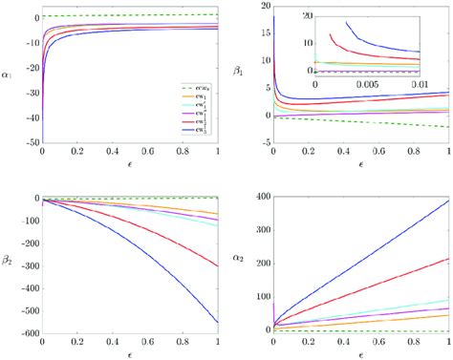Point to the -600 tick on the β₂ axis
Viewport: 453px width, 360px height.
[x=24, y=332]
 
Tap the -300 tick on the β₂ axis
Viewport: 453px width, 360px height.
[x=24, y=265]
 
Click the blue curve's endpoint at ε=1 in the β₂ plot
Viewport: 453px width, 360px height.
[x=219, y=322]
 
